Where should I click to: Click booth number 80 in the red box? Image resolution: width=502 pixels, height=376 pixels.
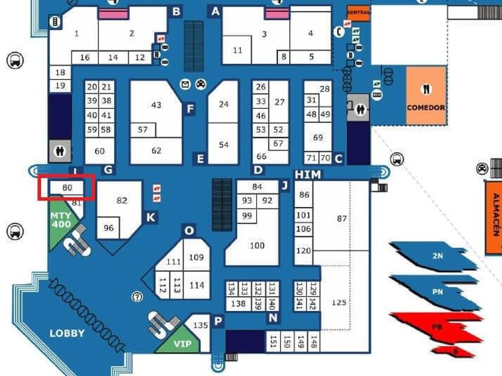pos(67,188)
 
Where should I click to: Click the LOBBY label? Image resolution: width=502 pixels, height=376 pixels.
pos(67,333)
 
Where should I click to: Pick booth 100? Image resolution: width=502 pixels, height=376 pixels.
pos(257,245)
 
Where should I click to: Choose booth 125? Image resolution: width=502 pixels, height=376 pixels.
pos(338,303)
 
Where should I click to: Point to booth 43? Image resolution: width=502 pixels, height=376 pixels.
pos(156,105)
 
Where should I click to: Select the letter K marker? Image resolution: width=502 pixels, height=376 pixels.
pos(151,218)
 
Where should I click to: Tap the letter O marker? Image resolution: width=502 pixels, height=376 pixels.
pos(189,231)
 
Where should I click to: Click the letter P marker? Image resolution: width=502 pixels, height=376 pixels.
pos(218,322)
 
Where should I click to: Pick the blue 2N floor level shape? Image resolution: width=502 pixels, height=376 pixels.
pos(437,256)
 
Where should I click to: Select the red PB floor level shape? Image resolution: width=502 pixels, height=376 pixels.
pos(437,326)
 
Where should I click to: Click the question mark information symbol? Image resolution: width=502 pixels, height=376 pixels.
pos(137,297)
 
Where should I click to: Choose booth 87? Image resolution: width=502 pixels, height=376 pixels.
pos(341,218)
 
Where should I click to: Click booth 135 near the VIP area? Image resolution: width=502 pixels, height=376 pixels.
pos(201,326)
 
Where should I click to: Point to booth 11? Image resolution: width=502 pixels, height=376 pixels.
pos(237,50)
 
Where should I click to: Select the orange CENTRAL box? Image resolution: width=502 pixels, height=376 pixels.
pos(359,13)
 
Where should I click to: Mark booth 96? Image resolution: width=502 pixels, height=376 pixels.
pos(109,228)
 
